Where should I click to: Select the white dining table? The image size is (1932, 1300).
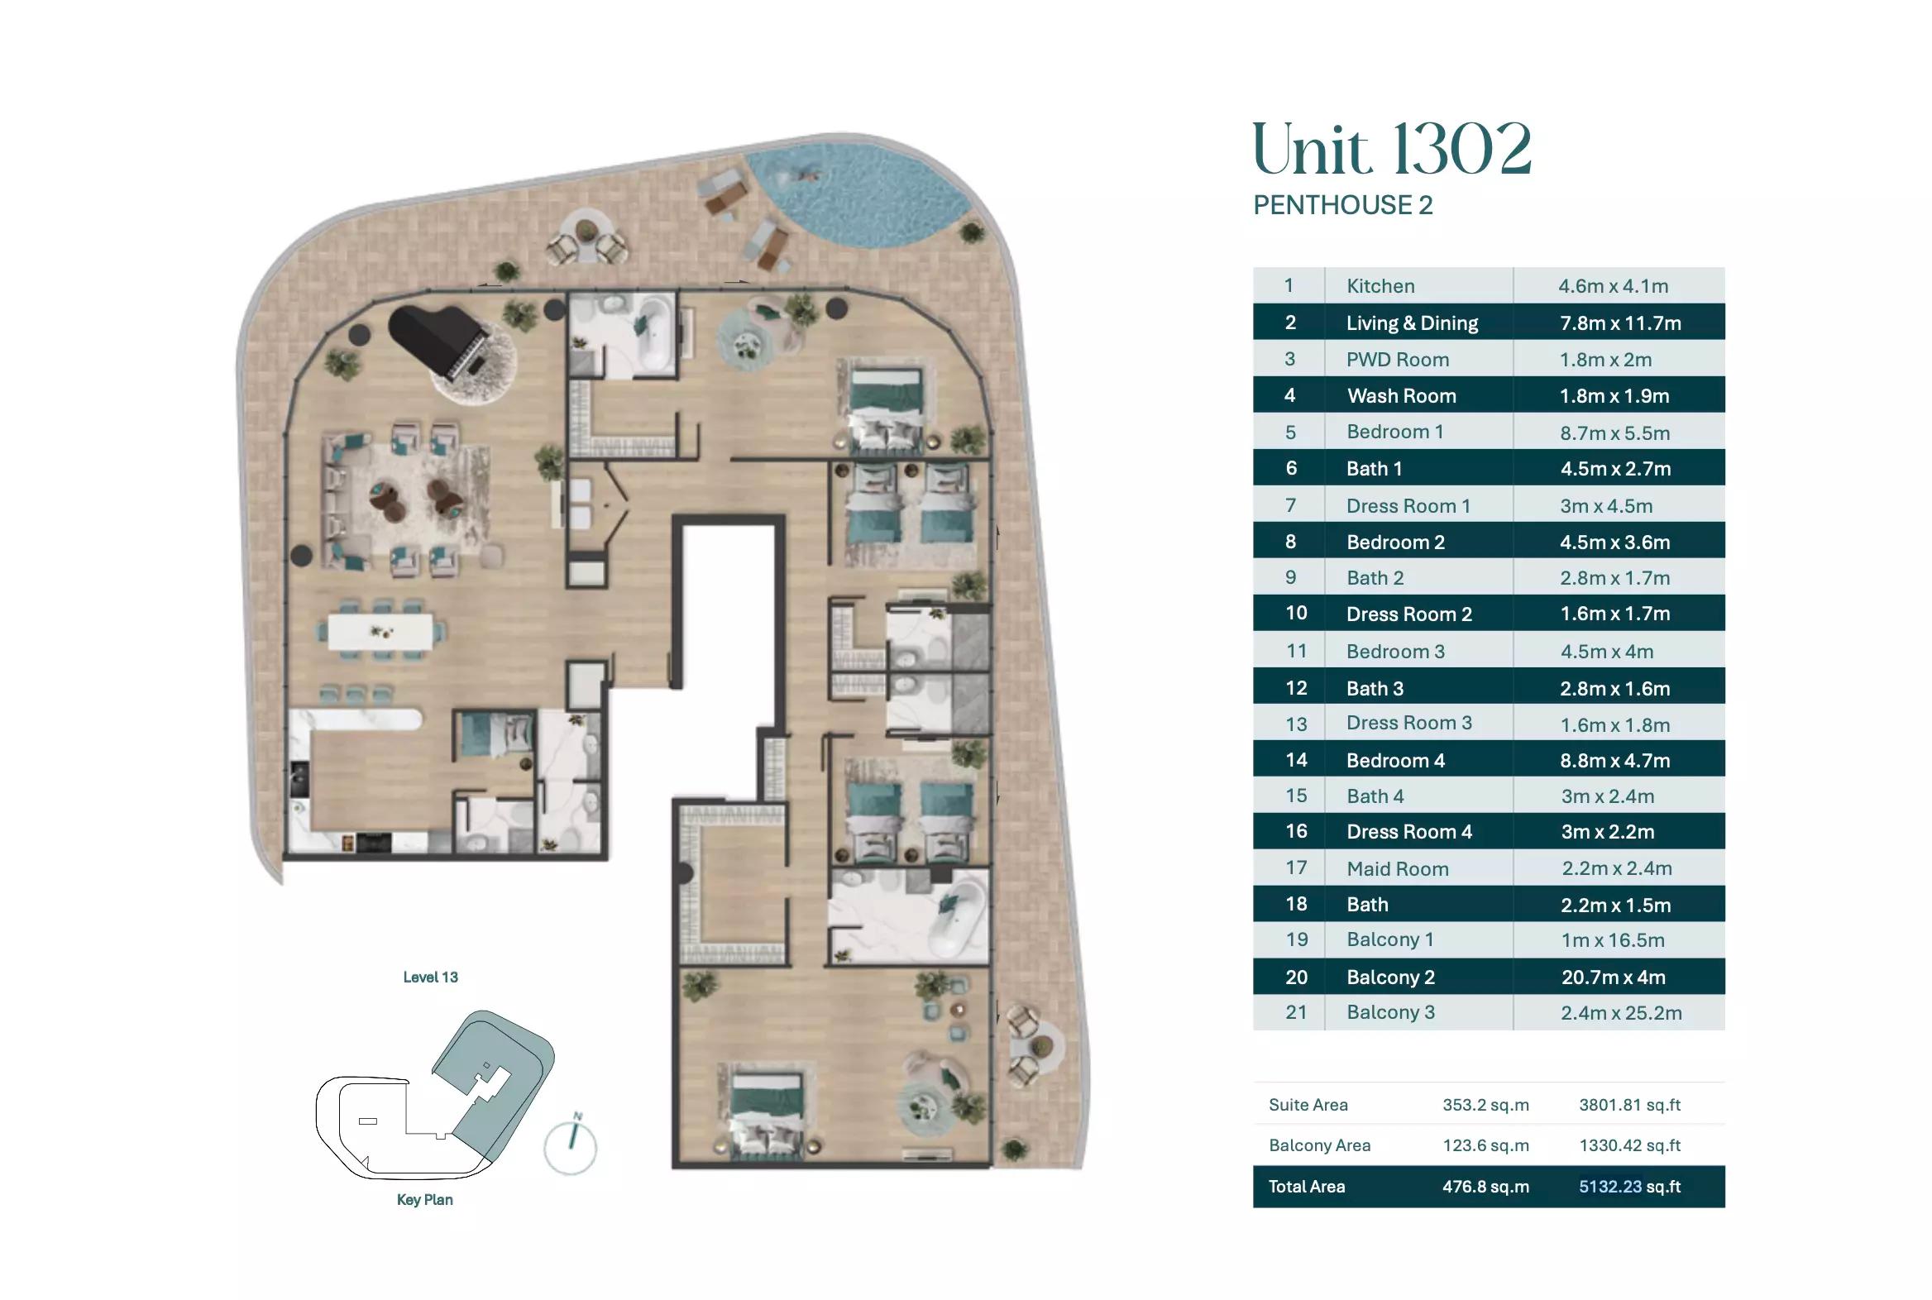pos(380,632)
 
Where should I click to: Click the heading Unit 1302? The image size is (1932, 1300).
pos(1391,149)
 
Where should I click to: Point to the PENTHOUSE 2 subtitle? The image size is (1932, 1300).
pos(1342,205)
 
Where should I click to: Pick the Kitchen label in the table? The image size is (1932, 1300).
pos(1380,286)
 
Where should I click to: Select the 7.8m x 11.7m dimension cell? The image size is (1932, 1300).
pos(1620,323)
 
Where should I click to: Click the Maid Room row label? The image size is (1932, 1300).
pos(1397,869)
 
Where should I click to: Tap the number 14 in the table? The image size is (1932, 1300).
pos(1296,759)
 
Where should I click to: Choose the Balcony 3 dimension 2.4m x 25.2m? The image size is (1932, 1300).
pos(1621,1012)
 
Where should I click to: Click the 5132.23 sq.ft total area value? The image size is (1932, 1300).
pos(1629,1187)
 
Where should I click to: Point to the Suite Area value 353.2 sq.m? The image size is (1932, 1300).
pos(1486,1104)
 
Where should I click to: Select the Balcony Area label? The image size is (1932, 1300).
pos(1319,1145)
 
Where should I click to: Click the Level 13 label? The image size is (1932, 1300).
pos(430,977)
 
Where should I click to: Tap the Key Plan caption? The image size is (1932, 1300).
pos(424,1200)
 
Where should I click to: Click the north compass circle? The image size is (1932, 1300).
pos(571,1149)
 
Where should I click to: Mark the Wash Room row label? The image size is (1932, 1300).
pos(1401,395)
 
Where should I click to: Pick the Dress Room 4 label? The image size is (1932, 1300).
pos(1408,832)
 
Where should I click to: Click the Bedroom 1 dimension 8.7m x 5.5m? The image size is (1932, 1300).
pos(1614,433)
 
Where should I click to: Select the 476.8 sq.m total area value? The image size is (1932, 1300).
pos(1486,1187)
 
